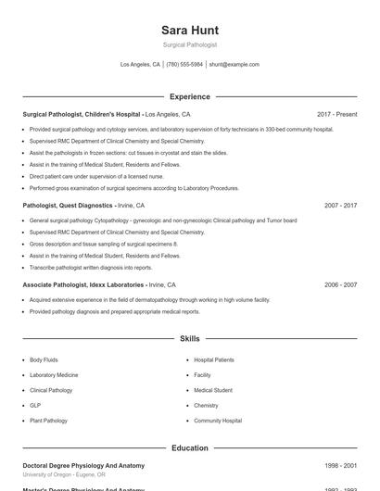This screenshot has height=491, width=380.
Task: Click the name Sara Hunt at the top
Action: pyautogui.click(x=190, y=31)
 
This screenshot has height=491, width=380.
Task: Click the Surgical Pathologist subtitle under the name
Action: pyautogui.click(x=190, y=45)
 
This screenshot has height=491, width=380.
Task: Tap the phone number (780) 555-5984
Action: pyautogui.click(x=184, y=65)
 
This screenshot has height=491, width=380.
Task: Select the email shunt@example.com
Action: pyautogui.click(x=234, y=65)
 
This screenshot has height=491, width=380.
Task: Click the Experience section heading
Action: pyautogui.click(x=190, y=96)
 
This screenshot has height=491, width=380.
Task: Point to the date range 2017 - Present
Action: pyautogui.click(x=336, y=114)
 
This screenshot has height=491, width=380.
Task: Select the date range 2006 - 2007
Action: pyautogui.click(x=340, y=285)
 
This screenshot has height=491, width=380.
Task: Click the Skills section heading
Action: pyautogui.click(x=190, y=339)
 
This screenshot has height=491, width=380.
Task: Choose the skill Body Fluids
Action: pyautogui.click(x=44, y=359)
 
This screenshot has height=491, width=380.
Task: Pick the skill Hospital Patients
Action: pyautogui.click(x=214, y=359)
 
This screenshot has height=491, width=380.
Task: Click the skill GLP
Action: pyautogui.click(x=35, y=405)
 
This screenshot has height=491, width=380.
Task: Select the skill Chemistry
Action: pyautogui.click(x=206, y=405)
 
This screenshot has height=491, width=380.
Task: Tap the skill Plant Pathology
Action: pyautogui.click(x=48, y=421)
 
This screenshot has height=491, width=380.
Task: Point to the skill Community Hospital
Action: pyautogui.click(x=218, y=421)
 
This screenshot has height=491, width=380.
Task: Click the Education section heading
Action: pyautogui.click(x=190, y=447)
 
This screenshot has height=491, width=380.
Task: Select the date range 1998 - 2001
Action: pyautogui.click(x=340, y=465)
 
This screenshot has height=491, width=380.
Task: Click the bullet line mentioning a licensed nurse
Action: pyautogui.click(x=83, y=175)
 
